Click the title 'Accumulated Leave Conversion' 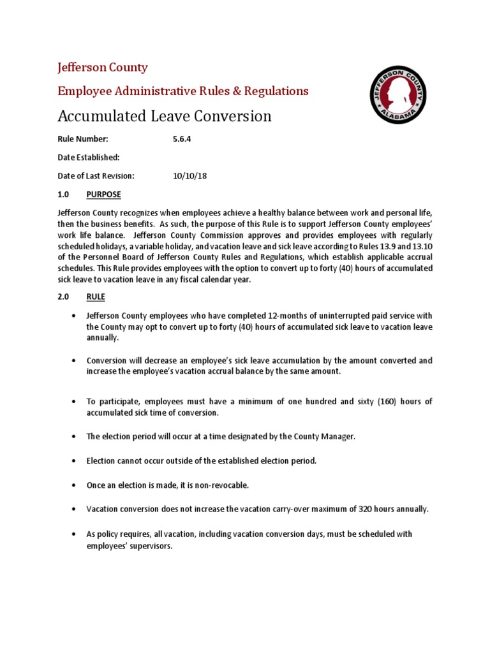[165, 116]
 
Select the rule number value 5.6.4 [182, 139]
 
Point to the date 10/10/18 [186, 175]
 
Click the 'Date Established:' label [89, 158]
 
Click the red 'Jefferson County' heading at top [103, 68]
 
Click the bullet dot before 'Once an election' [75, 485]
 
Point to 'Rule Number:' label [83, 139]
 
